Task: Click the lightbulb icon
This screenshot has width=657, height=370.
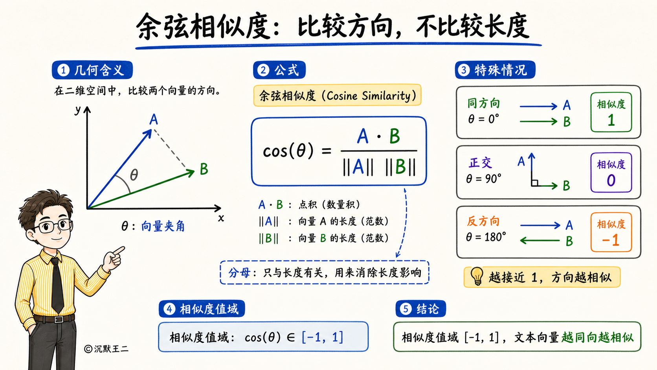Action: click(x=477, y=276)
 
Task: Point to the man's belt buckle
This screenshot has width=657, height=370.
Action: click(x=59, y=319)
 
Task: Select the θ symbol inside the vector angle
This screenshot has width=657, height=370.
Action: click(x=134, y=175)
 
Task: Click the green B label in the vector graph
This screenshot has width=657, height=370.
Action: click(x=204, y=169)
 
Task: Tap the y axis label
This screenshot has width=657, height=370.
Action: click(x=77, y=109)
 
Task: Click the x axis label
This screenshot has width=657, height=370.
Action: click(x=221, y=218)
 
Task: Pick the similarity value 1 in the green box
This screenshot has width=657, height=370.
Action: click(x=611, y=120)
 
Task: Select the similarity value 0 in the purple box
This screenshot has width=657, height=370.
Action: click(x=611, y=180)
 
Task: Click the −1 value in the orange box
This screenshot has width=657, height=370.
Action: click(x=610, y=240)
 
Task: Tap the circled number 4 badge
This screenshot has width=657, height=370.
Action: click(x=169, y=309)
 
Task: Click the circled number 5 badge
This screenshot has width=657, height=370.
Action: click(x=406, y=309)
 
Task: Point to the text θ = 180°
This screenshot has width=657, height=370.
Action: click(x=486, y=237)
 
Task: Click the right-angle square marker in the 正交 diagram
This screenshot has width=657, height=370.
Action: click(x=535, y=183)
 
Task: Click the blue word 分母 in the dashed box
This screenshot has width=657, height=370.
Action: click(x=239, y=273)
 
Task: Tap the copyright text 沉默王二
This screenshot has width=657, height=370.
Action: click(x=111, y=349)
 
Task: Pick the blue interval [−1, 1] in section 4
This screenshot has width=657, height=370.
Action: click(x=322, y=337)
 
